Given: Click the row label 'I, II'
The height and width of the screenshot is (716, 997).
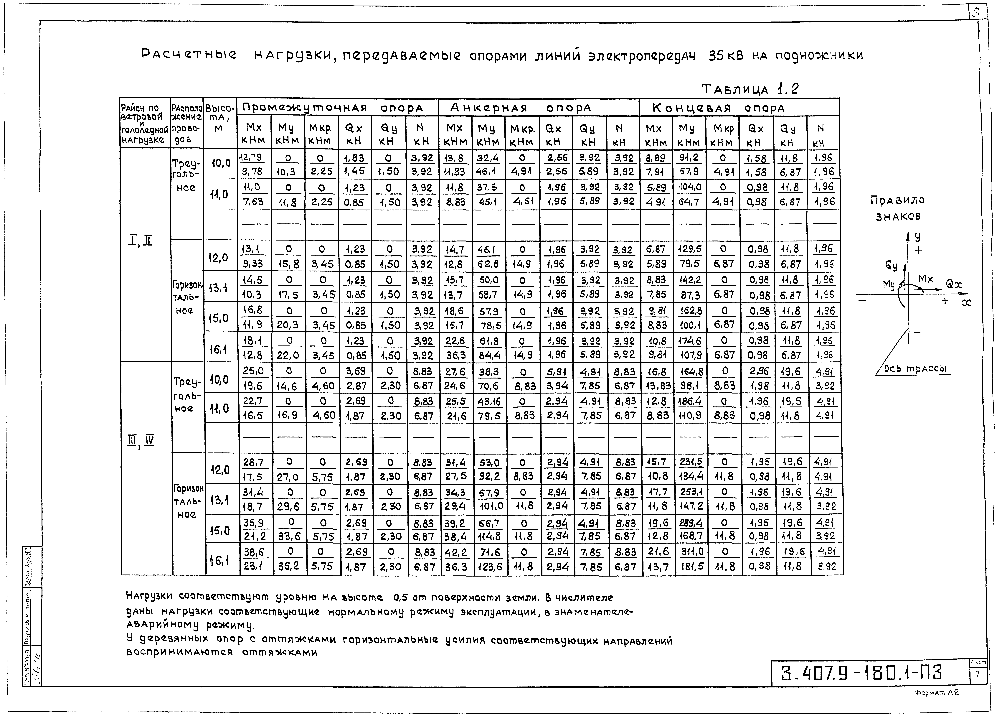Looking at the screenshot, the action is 141,241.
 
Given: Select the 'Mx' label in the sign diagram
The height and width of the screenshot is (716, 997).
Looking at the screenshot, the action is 925,279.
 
